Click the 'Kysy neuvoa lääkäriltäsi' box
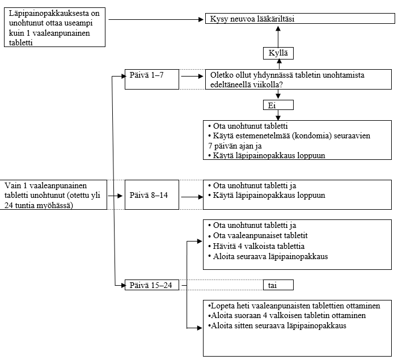(x=300, y=19)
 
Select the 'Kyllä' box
(x=278, y=53)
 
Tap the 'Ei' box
(x=278, y=105)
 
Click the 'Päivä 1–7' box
(x=152, y=79)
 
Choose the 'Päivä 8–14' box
(x=152, y=194)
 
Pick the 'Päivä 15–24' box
(x=152, y=285)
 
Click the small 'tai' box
(x=278, y=285)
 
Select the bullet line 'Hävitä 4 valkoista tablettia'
(x=256, y=246)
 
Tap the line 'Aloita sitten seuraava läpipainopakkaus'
(x=277, y=325)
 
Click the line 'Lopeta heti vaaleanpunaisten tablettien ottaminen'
(x=294, y=306)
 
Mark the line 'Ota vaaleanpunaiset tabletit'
(x=258, y=236)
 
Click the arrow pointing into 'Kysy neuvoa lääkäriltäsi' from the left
(x=156, y=19)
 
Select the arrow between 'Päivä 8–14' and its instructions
(x=192, y=197)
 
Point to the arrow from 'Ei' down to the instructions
(x=278, y=115)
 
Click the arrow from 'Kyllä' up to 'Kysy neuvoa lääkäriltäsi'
(x=278, y=37)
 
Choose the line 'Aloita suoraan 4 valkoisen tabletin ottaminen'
(x=287, y=316)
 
